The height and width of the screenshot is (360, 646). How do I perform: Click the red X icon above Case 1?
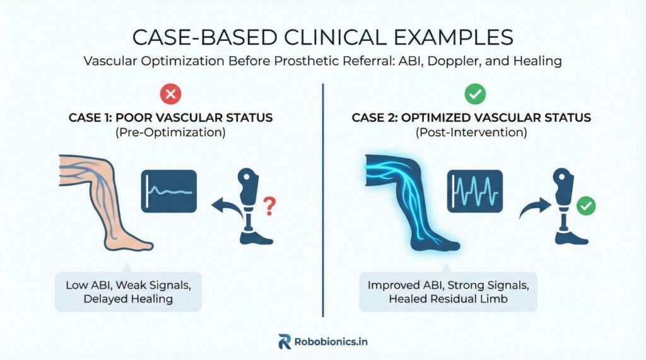pos(170,94)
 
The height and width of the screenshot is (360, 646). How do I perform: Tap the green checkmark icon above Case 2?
pos(475,94)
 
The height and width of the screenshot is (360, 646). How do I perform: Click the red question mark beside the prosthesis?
pos(269,206)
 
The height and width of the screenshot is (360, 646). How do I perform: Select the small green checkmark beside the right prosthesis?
pos(586,206)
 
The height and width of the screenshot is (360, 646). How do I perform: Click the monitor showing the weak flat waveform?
pos(169,191)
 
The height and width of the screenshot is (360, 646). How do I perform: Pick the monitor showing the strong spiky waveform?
pos(474,191)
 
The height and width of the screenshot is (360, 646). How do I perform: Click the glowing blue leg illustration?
pos(412,202)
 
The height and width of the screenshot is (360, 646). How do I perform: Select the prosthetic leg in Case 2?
pos(568,206)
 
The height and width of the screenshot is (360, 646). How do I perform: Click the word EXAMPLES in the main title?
pos(454,37)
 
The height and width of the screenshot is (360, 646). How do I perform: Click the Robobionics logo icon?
pos(285,342)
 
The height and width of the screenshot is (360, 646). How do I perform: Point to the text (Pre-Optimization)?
pos(170,132)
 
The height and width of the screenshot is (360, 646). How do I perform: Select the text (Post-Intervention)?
pos(471,132)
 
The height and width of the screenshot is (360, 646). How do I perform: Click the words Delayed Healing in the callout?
pos(128,299)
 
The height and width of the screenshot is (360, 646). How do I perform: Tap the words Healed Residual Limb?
pos(449,299)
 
